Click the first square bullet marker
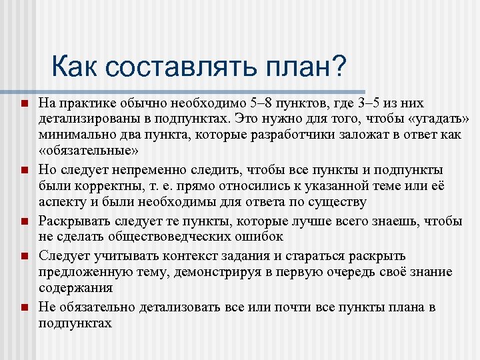(x=23, y=105)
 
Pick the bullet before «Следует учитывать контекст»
(x=23, y=256)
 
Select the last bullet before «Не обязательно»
(x=23, y=307)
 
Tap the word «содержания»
(x=75, y=289)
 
